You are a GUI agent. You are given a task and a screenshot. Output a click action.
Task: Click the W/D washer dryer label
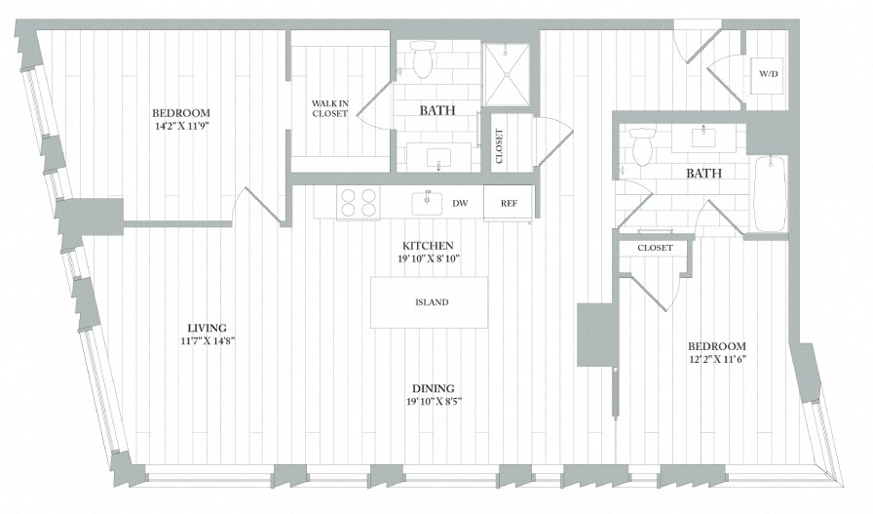pyautogui.click(x=768, y=74)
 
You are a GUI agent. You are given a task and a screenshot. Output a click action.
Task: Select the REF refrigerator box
pyautogui.click(x=509, y=204)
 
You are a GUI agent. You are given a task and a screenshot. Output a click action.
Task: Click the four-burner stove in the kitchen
pyautogui.click(x=358, y=203)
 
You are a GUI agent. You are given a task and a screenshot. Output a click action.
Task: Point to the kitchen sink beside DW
pyautogui.click(x=426, y=203)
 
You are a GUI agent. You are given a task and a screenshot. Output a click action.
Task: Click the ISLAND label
pyautogui.click(x=430, y=302)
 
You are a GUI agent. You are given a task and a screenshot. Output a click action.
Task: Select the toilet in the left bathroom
pyautogui.click(x=423, y=60)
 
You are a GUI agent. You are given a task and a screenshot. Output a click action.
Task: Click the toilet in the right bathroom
pyautogui.click(x=642, y=147)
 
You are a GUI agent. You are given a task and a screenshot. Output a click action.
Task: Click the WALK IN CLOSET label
pyautogui.click(x=329, y=108)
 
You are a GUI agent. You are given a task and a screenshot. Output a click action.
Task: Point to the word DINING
pyautogui.click(x=432, y=387)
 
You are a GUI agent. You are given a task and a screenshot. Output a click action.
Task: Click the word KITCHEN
pyautogui.click(x=431, y=245)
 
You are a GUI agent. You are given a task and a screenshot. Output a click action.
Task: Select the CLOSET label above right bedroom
pyautogui.click(x=655, y=248)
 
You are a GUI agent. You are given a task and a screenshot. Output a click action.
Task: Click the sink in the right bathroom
pyautogui.click(x=702, y=137)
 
